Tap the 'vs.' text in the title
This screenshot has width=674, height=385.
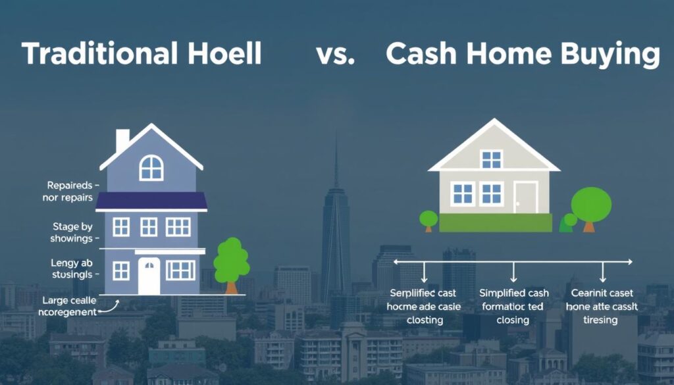point(336,55)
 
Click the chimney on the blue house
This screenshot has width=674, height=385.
point(122,140)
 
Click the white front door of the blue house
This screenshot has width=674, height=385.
point(149,275)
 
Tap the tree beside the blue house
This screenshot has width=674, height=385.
point(231,263)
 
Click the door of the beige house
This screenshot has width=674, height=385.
point(526,196)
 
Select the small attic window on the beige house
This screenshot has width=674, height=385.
point(491,159)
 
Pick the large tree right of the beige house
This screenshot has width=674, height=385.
point(590,207)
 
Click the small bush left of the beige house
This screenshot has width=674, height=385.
point(428,219)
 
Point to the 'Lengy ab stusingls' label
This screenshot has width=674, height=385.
point(72,269)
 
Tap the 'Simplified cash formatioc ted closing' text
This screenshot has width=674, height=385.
point(513,306)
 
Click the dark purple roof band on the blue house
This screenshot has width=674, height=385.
point(151,201)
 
